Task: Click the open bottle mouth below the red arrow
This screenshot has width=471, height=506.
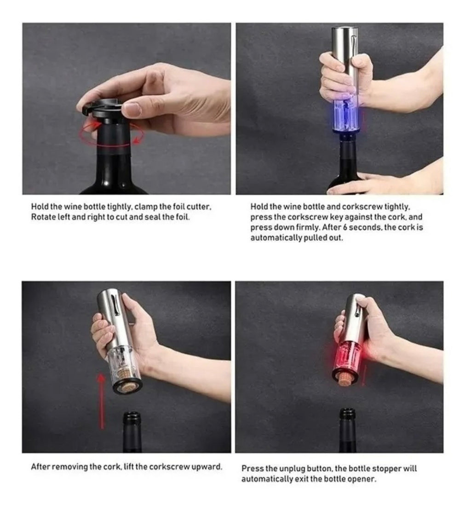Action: (x=132, y=416)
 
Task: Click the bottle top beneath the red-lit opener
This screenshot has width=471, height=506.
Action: (x=348, y=413)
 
